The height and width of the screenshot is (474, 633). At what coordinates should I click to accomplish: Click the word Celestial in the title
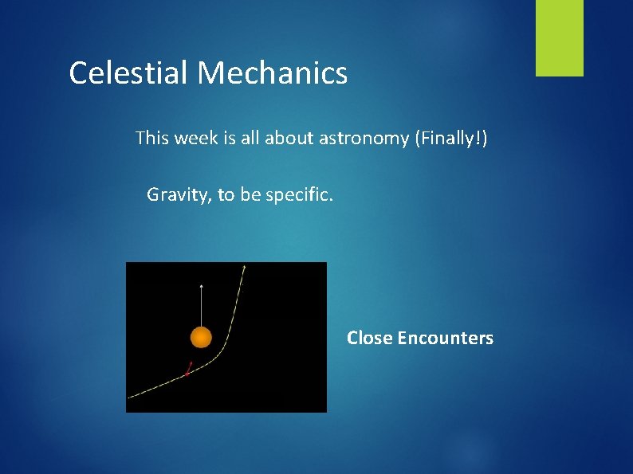point(128,73)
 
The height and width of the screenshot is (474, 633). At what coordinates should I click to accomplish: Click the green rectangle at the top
point(559,37)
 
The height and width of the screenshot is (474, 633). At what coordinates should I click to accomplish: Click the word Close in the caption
point(370,338)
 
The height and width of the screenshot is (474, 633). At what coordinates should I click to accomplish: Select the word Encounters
point(446,338)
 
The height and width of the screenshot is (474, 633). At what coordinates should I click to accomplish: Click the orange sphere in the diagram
point(201,338)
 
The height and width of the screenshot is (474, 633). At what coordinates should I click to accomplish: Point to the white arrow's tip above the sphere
point(201,284)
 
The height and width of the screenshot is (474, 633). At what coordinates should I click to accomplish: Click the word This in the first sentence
point(152,139)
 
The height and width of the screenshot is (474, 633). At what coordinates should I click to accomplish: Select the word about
point(289,139)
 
